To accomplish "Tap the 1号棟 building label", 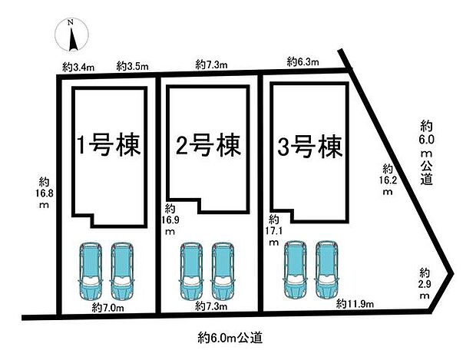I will (x=110, y=145).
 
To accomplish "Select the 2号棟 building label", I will (x=208, y=144).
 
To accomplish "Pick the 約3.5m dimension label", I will (x=132, y=68).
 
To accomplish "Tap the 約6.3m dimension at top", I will (x=302, y=61).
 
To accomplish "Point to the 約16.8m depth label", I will (x=45, y=193).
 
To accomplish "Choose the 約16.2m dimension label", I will (x=388, y=180).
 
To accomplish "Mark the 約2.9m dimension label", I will (x=425, y=279).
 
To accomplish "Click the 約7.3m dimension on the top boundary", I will (x=212, y=65).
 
